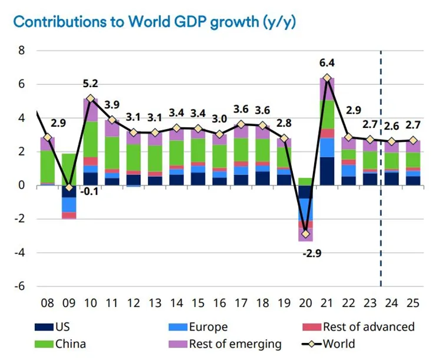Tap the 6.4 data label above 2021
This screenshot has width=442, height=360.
click(x=328, y=63)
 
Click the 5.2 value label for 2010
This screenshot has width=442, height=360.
click(x=90, y=84)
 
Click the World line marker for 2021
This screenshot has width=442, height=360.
click(x=328, y=78)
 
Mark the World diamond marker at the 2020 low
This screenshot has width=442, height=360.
click(x=305, y=234)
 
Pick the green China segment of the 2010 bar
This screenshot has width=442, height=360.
click(x=90, y=139)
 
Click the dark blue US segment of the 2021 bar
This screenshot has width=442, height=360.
click(x=328, y=171)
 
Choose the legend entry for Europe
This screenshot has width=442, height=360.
click(x=206, y=327)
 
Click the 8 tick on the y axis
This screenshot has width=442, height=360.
click(x=22, y=50)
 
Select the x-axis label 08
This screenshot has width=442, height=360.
click(x=48, y=304)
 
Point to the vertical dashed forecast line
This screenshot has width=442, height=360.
click(x=381, y=177)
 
